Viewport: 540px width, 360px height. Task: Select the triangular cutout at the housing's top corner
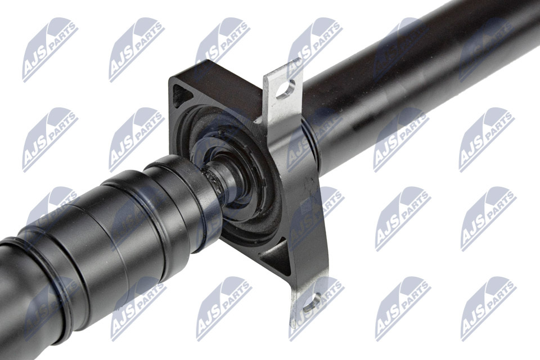point(181,95)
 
